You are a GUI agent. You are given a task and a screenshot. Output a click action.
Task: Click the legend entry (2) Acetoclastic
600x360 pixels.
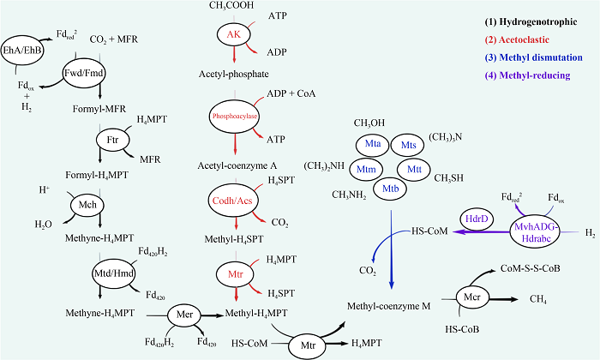[x=517, y=39]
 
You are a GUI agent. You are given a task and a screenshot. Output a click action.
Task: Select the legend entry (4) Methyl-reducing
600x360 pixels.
[x=528, y=75]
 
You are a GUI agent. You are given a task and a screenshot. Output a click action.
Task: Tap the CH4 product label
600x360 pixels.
[x=538, y=299]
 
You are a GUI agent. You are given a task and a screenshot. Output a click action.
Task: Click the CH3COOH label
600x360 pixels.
[x=231, y=5]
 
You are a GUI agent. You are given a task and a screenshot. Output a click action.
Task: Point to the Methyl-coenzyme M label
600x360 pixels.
[x=389, y=306]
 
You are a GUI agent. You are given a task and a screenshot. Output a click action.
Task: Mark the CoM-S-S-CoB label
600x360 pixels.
[x=531, y=268]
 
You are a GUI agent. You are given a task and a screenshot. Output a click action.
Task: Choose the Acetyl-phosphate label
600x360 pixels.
[x=234, y=75]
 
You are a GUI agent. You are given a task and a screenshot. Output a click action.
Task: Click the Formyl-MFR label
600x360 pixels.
[x=99, y=109]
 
